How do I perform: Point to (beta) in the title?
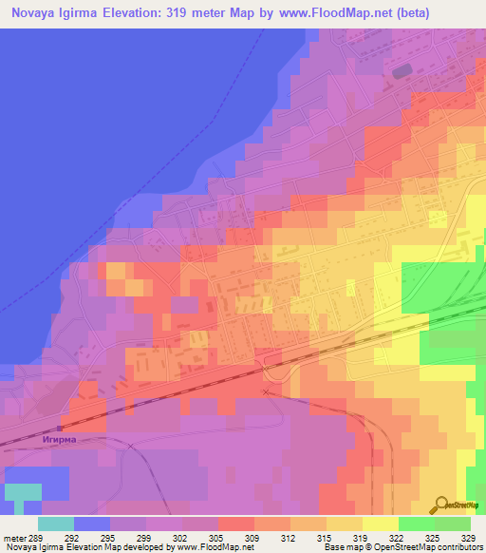coord(414,13)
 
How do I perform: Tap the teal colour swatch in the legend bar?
coord(56,523)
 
